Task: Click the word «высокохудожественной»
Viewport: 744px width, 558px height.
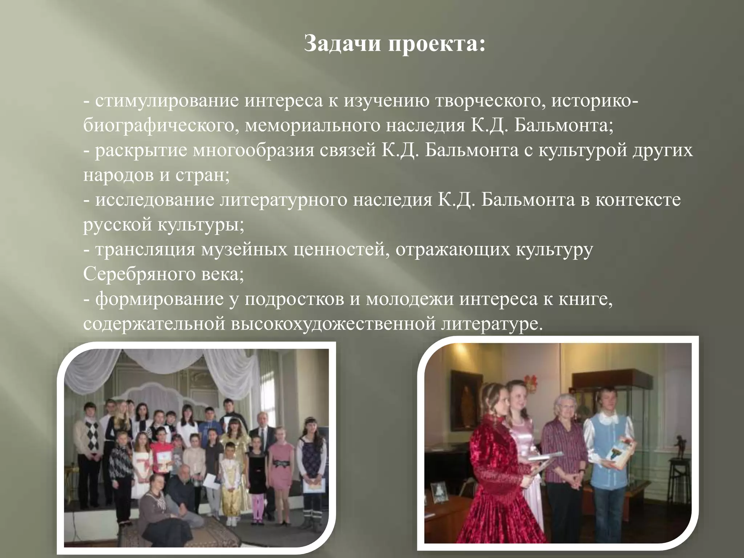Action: (332, 324)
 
